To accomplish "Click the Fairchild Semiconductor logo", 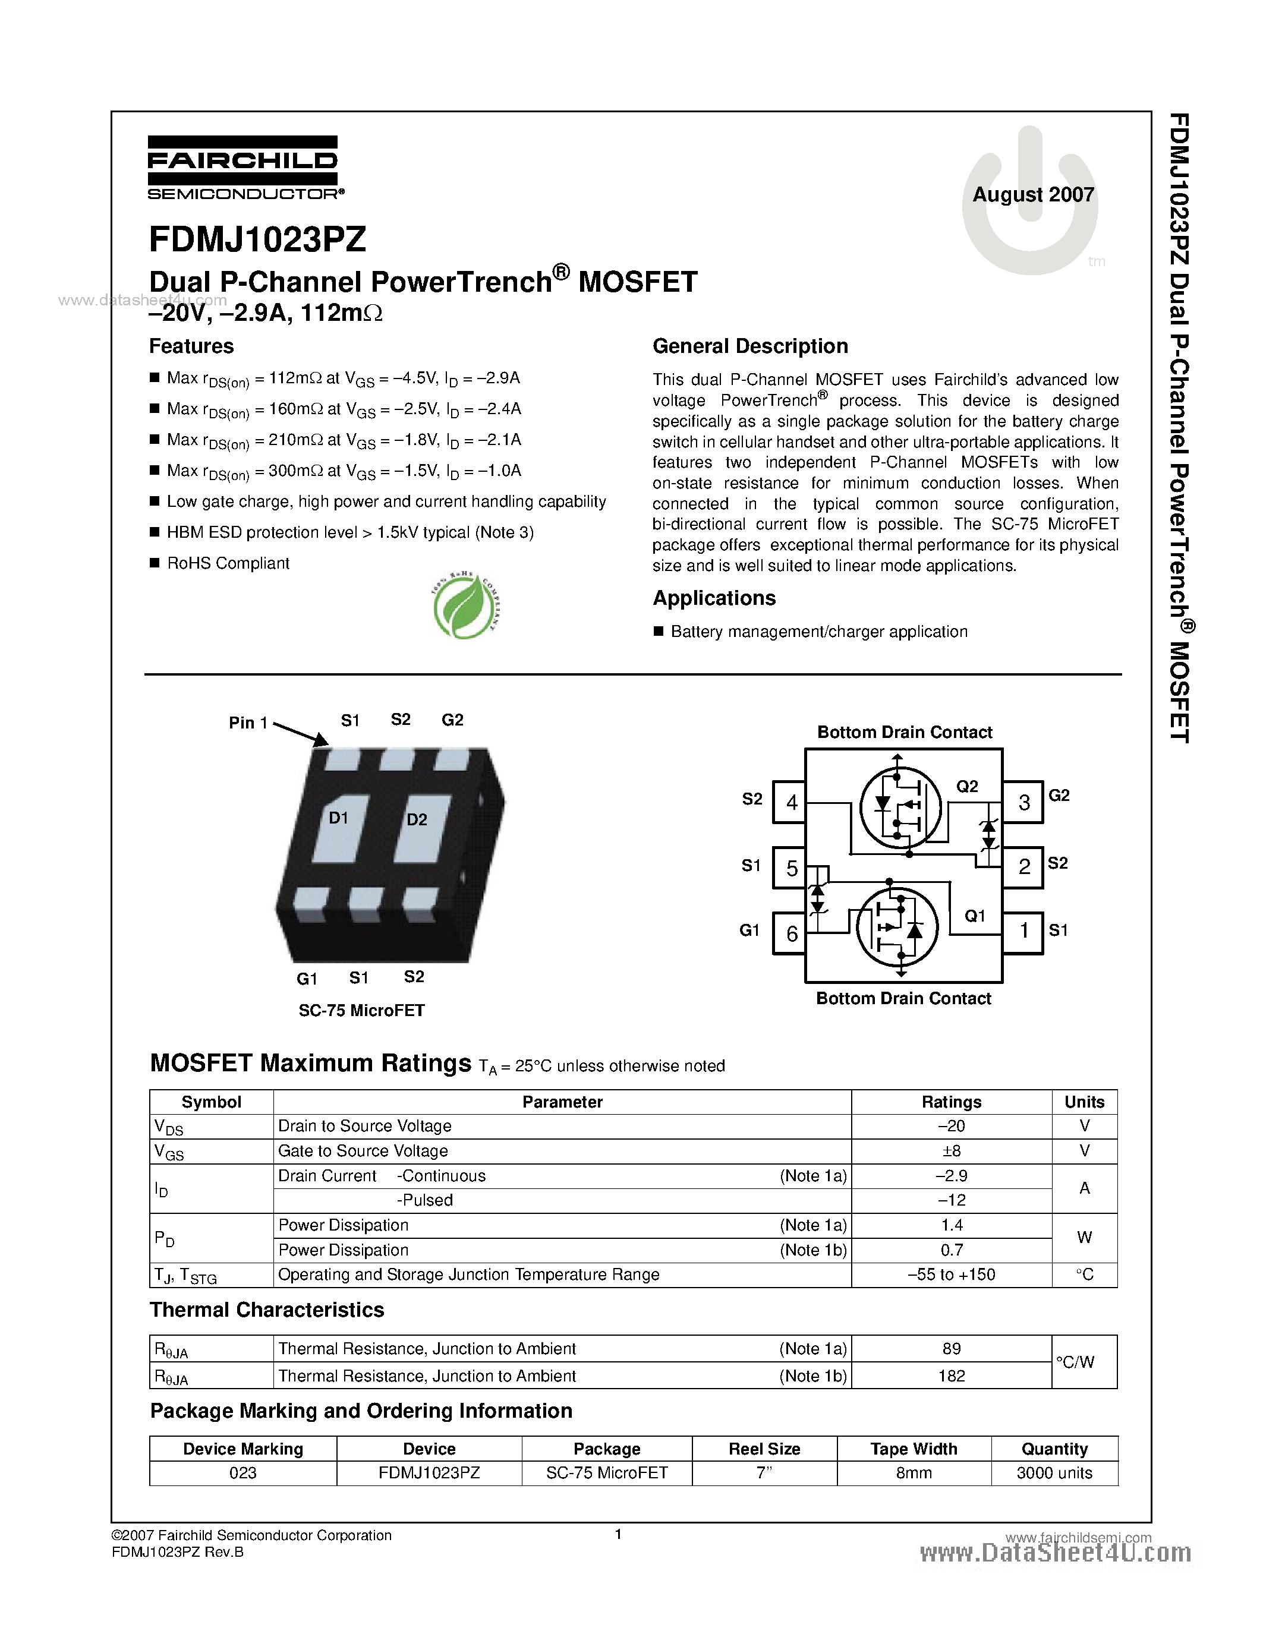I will pyautogui.click(x=243, y=168).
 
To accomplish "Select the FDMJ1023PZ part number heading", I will pyautogui.click(x=257, y=239).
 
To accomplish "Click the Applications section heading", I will pyautogui.click(x=714, y=598).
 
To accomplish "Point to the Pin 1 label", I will pyautogui.click(x=248, y=723).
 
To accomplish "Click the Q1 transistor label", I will pyautogui.click(x=974, y=916).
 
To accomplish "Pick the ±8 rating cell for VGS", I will pyautogui.click(x=951, y=1151).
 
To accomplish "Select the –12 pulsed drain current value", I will pyautogui.click(x=951, y=1200).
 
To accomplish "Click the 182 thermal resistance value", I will pyautogui.click(x=951, y=1376).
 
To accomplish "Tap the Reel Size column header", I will pyautogui.click(x=764, y=1449).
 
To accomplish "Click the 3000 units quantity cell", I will pyautogui.click(x=1054, y=1473).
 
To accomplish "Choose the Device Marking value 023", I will pyautogui.click(x=242, y=1473).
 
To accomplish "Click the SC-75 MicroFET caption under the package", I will pyautogui.click(x=361, y=1011).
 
